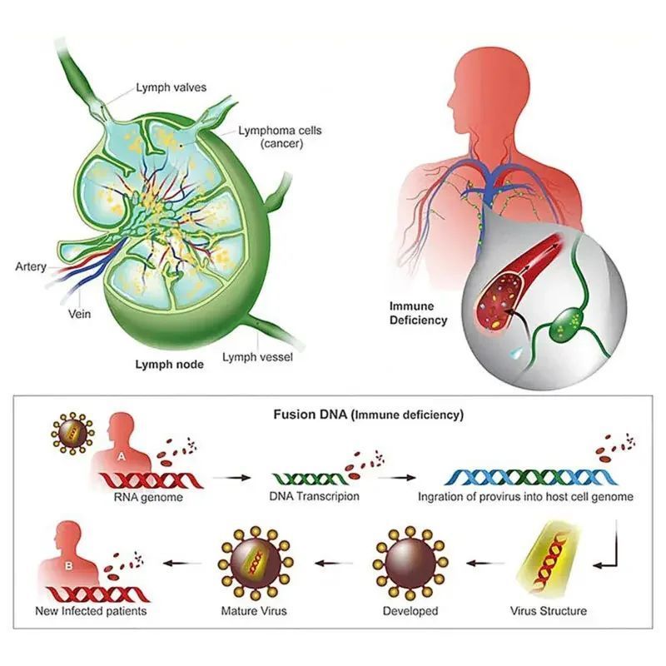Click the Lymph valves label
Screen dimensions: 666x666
tap(171, 87)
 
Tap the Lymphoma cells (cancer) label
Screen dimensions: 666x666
tap(280, 137)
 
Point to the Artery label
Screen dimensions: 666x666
tap(31, 266)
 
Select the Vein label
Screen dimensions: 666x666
tap(79, 314)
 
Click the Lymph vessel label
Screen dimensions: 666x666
tap(257, 357)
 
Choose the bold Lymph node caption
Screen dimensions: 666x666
tap(170, 365)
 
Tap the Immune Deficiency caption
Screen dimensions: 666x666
tap(419, 313)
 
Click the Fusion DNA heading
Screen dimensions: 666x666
tap(368, 415)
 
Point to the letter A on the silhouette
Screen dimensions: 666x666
tap(122, 456)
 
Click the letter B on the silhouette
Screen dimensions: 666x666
tap(69, 566)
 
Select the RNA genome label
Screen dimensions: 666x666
tap(148, 497)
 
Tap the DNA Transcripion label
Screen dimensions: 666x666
tap(315, 496)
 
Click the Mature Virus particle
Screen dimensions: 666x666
tap(254, 563)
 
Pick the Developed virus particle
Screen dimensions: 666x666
tap(410, 563)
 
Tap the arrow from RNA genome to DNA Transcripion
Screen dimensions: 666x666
tap(232, 477)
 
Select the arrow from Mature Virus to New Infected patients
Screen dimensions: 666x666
tap(182, 564)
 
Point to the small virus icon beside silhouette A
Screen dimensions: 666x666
tap(72, 433)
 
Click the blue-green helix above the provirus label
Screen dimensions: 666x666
tap(531, 477)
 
